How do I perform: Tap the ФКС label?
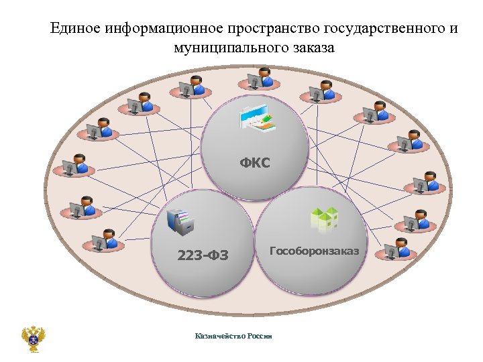[256, 162]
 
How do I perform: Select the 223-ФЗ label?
[203, 255]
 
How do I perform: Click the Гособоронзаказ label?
[314, 251]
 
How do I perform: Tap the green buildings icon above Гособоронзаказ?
[323, 219]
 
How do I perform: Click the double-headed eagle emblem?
[32, 339]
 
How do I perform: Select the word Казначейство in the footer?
[219, 336]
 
